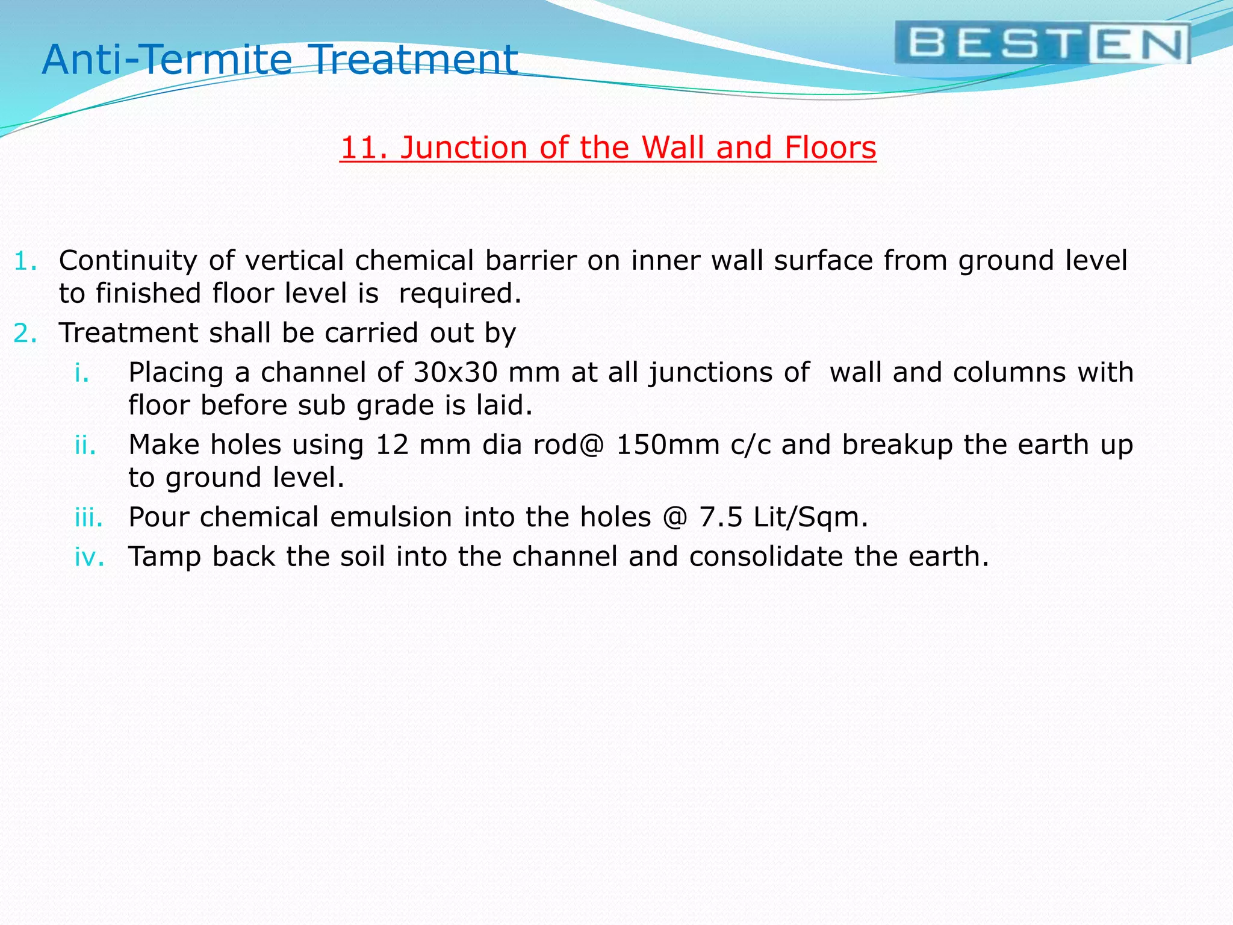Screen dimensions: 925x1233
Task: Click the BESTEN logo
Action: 1043,43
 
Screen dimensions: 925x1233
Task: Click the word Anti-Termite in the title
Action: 167,60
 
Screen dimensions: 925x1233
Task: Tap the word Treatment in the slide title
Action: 415,60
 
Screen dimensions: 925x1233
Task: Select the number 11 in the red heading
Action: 359,148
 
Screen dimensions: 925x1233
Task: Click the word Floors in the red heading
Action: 830,148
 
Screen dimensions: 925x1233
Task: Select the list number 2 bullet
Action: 25,334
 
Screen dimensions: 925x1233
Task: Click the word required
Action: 460,294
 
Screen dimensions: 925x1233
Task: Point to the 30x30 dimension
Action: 456,372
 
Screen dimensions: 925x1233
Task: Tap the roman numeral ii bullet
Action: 85,445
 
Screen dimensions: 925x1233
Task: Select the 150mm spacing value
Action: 668,445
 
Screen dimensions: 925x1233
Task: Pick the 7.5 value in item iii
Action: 721,517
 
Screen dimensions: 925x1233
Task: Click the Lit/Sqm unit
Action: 810,517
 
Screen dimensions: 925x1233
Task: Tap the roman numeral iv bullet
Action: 89,557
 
